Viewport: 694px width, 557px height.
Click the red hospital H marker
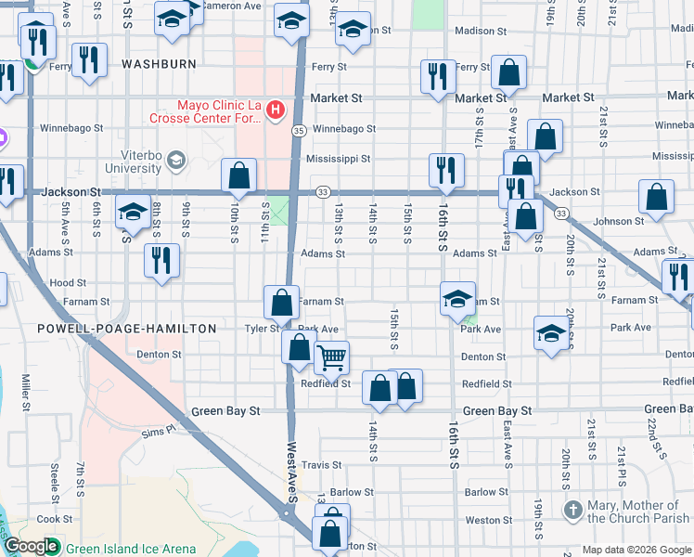pyautogui.click(x=275, y=111)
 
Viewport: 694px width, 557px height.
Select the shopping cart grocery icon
pyautogui.click(x=331, y=356)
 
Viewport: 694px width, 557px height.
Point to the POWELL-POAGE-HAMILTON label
pyautogui.click(x=126, y=329)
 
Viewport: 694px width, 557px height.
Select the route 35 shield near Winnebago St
pyautogui.click(x=300, y=131)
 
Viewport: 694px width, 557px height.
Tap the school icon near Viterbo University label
pyautogui.click(x=174, y=162)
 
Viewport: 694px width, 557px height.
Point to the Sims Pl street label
pyautogui.click(x=158, y=432)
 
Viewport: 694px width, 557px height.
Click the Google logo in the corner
pyautogui.click(x=32, y=547)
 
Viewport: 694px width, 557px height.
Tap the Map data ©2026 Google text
pyautogui.click(x=636, y=550)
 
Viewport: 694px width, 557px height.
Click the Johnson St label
pyautogui.click(x=617, y=222)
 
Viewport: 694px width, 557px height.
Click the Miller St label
pyautogui.click(x=27, y=395)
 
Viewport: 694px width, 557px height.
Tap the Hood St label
pyautogui.click(x=68, y=283)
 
